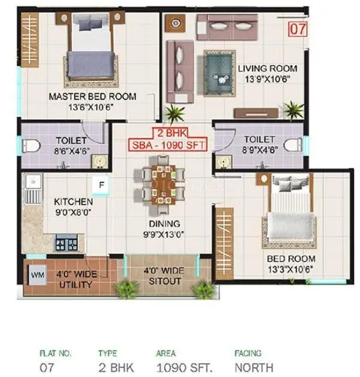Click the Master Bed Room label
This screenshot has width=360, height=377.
pyautogui.click(x=92, y=96)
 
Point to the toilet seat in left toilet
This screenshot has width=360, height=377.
pyautogui.click(x=31, y=145)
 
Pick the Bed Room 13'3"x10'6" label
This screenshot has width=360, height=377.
pyautogui.click(x=291, y=264)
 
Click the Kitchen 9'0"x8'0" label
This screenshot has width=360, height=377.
pyautogui.click(x=73, y=206)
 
